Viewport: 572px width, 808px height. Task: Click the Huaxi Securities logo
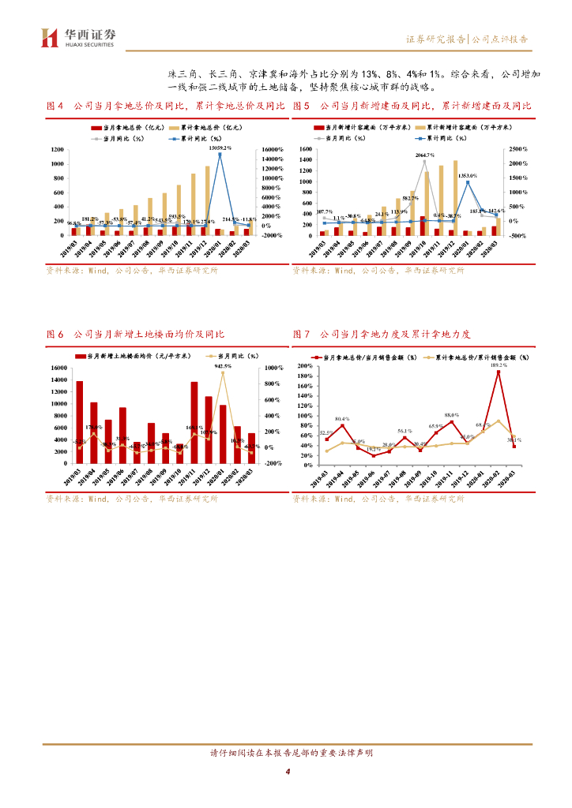tap(77, 38)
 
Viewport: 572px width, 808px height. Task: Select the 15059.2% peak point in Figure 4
tap(220, 154)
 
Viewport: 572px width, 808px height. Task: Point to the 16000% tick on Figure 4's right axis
tap(272, 150)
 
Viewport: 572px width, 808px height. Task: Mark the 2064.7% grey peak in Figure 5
tap(425, 162)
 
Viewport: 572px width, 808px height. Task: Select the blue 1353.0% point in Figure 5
tap(468, 182)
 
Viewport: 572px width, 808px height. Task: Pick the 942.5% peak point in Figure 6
tap(223, 372)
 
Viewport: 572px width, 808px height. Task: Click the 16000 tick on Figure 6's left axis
tap(59, 368)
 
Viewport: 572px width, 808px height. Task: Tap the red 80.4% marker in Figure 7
tap(342, 425)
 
